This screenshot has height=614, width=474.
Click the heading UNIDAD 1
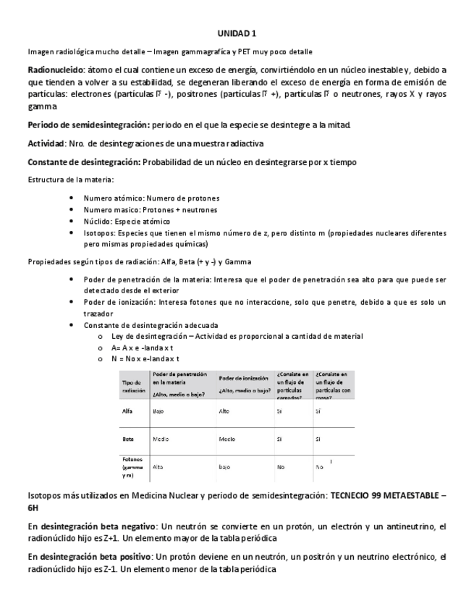pos(237,33)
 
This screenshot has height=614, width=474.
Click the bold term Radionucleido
pos(56,70)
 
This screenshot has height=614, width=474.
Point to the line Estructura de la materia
pos(70,179)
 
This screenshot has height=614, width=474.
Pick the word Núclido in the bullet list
pos(96,221)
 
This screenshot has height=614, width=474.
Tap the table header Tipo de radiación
pos(135,386)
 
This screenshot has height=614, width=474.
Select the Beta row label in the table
pos(130,439)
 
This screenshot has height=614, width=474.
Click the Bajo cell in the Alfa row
pos(157,411)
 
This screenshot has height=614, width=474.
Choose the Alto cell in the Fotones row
pos(158,468)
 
